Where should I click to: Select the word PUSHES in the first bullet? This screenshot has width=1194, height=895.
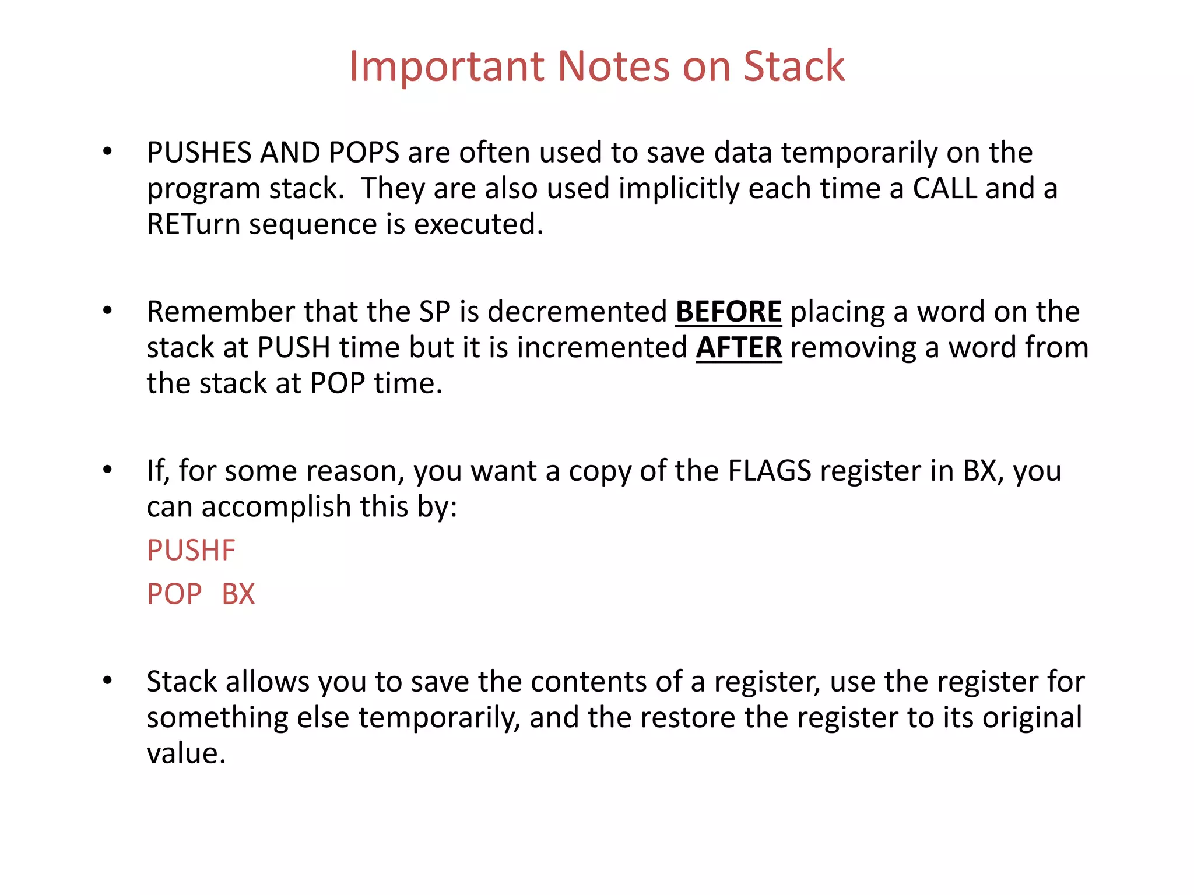tap(199, 153)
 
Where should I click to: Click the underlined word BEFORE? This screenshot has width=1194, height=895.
tap(728, 312)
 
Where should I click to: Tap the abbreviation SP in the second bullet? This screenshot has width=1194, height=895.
tap(435, 312)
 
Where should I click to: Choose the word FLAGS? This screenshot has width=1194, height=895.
tap(770, 471)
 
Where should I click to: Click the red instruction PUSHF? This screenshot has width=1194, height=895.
tap(191, 551)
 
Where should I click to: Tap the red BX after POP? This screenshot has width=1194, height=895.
tap(238, 594)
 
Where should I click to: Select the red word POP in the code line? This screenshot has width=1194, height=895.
tap(174, 594)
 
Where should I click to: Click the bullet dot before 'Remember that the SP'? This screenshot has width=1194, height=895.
tap(107, 311)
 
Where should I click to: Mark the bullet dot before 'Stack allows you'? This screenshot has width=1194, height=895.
tap(107, 681)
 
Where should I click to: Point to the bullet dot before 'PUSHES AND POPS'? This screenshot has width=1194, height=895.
tap(107, 152)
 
